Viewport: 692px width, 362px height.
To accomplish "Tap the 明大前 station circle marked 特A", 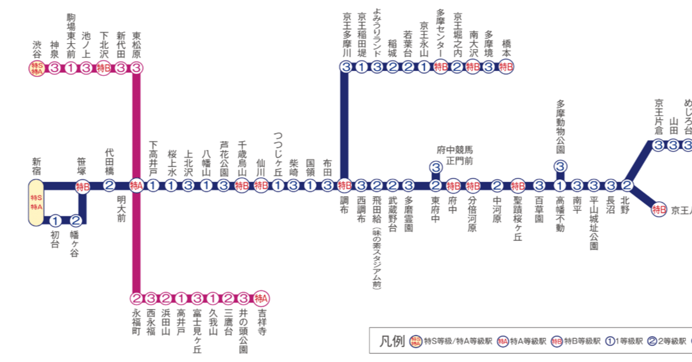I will [136, 186].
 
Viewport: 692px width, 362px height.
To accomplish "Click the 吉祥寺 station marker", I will [262, 298].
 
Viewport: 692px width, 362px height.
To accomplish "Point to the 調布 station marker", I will [344, 186].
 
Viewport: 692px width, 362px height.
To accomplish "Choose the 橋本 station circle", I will [505, 68].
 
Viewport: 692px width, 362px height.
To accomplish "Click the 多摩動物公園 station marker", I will [561, 167].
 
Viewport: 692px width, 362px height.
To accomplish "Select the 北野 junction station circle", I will [627, 186].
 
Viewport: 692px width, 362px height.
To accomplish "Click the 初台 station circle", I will [55, 220].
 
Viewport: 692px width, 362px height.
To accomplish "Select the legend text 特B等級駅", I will [583, 341].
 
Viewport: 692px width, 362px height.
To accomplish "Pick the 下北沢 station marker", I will [104, 69].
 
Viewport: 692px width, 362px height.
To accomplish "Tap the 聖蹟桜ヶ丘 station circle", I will [518, 186].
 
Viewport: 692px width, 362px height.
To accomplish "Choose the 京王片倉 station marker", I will [658, 145].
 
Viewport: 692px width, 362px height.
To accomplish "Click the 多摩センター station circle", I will [441, 68].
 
